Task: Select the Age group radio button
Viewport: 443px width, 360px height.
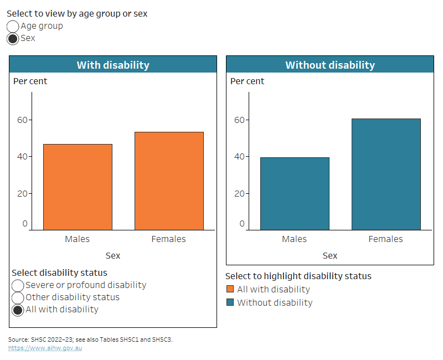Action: coord(13,26)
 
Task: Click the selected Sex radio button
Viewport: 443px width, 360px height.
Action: coord(13,38)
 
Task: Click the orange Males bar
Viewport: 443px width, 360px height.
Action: coord(78,187)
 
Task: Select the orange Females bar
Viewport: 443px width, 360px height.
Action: coord(169,181)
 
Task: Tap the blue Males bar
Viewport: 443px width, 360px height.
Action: coord(295,193)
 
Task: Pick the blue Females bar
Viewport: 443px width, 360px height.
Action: coord(386,174)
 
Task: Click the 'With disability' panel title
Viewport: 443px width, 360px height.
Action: coord(113,65)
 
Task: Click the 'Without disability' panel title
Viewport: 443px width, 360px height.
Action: coord(330,65)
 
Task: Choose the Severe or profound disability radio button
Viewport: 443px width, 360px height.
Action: coord(18,285)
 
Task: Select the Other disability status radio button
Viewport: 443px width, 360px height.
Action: coord(18,297)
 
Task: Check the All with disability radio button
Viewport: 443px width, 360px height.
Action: coord(18,310)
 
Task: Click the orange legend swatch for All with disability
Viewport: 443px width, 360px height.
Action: coord(230,289)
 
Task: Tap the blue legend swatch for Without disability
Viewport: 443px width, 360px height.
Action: coord(230,302)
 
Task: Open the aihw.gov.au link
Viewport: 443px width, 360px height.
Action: coord(45,348)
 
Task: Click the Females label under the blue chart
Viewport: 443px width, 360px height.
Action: coord(386,239)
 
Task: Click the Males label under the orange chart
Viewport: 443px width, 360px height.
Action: coord(78,239)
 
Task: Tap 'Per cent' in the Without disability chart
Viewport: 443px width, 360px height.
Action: coord(247,81)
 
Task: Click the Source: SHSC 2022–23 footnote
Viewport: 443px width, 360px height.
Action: coord(90,340)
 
